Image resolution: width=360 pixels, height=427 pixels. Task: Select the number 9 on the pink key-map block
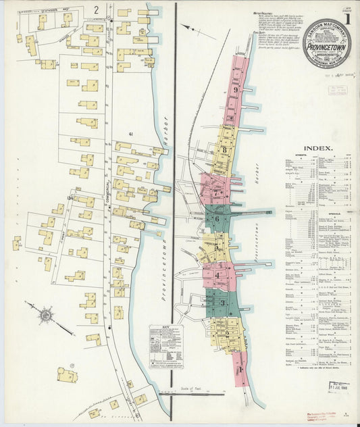click(235, 90)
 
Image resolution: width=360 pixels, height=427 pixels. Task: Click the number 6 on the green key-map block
click(217, 219)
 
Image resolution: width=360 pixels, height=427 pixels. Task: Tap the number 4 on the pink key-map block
click(216, 276)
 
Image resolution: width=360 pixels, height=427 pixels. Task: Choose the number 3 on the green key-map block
click(222, 303)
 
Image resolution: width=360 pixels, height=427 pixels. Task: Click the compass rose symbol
click(46, 314)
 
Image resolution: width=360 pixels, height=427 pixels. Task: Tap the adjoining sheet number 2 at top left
click(97, 9)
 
